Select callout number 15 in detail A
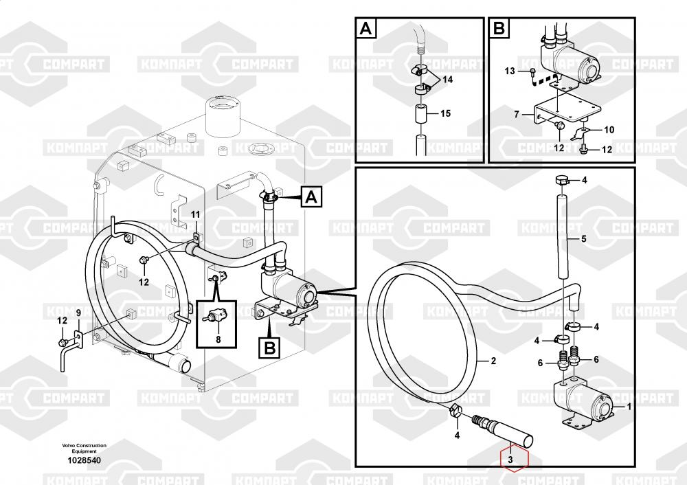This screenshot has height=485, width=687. pyautogui.click(x=445, y=113)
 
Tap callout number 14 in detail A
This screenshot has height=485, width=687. pyautogui.click(x=447, y=80)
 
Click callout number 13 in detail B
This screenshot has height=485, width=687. pyautogui.click(x=510, y=71)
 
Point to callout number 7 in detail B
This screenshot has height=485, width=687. pyautogui.click(x=517, y=114)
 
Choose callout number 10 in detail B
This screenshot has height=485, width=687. pyautogui.click(x=609, y=130)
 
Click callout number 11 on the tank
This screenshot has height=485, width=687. pyautogui.click(x=195, y=215)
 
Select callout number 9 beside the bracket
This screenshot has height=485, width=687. pyautogui.click(x=78, y=313)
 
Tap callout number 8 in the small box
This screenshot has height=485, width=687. pyautogui.click(x=218, y=339)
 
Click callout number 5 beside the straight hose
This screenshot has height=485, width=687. pyautogui.click(x=583, y=239)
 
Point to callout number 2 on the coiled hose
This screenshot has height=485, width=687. pyautogui.click(x=493, y=361)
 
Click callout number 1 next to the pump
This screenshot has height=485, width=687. pyautogui.click(x=629, y=407)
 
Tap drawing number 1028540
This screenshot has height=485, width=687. pyautogui.click(x=84, y=460)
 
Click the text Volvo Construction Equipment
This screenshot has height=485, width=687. pyautogui.click(x=84, y=448)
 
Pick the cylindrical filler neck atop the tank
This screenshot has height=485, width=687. pyautogui.click(x=223, y=115)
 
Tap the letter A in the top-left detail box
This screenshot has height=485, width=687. pyautogui.click(x=366, y=29)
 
